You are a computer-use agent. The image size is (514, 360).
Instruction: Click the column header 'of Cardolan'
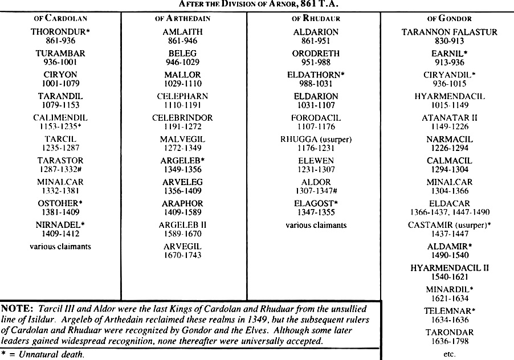pyautogui.click(x=60, y=18)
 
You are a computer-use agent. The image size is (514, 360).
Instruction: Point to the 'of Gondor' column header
pyautogui.click(x=450, y=18)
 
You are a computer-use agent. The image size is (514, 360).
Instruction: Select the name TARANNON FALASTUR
pyautogui.click(x=450, y=32)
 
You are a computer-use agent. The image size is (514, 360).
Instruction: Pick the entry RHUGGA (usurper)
pyautogui.click(x=315, y=139)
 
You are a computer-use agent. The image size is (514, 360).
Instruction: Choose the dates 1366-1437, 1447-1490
pyautogui.click(x=450, y=212)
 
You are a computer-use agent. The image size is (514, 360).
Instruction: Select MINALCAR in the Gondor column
pyautogui.click(x=450, y=182)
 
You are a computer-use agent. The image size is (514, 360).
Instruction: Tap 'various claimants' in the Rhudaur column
pyautogui.click(x=316, y=225)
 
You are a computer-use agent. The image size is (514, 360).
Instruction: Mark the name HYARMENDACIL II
pyautogui.click(x=450, y=268)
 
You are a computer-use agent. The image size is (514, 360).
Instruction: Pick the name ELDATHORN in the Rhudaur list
pyautogui.click(x=313, y=75)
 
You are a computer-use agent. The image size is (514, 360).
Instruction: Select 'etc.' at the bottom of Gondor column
pyautogui.click(x=450, y=354)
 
